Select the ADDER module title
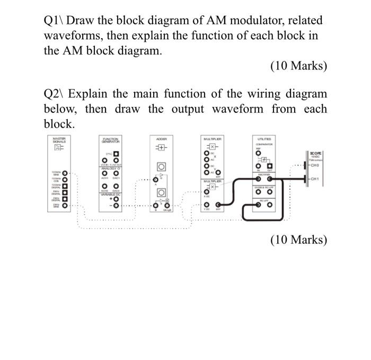(161, 138)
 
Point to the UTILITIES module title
(263, 138)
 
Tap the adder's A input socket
(155, 179)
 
